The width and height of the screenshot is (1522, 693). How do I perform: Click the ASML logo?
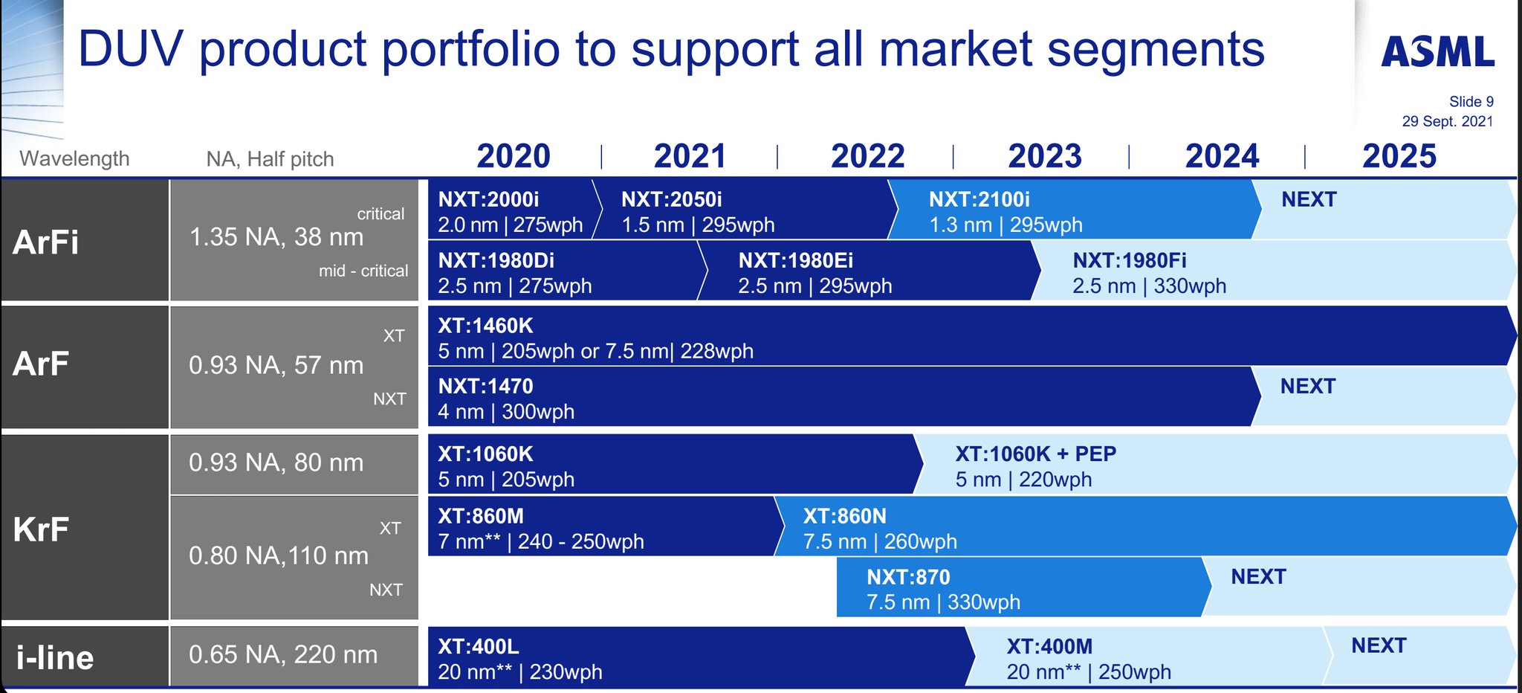[x=1437, y=52]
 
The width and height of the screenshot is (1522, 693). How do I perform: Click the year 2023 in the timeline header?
[x=1044, y=156]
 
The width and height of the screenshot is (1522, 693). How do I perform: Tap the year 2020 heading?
[x=513, y=156]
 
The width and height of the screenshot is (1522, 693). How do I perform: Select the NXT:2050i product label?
[x=671, y=199]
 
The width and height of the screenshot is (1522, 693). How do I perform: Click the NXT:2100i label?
[x=979, y=199]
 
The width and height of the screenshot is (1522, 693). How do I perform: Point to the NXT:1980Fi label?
[x=1129, y=260]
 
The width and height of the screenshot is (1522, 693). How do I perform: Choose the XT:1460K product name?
[x=485, y=326]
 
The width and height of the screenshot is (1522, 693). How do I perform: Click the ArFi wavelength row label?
[x=45, y=242]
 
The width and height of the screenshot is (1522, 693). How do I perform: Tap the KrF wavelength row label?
[x=41, y=529]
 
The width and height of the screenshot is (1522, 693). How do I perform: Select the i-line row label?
[x=55, y=658]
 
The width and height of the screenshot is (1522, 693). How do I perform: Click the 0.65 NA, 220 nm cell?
[x=282, y=654]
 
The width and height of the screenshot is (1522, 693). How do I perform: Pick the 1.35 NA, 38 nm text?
[x=276, y=237]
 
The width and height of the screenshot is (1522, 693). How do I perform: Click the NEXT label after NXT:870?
[x=1257, y=576]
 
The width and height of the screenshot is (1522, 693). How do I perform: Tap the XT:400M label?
[x=1049, y=646]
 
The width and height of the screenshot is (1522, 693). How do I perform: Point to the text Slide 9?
[x=1471, y=102]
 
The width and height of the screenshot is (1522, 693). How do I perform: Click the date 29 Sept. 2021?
[x=1447, y=121]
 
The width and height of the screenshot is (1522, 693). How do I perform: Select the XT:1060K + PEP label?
[x=1035, y=454]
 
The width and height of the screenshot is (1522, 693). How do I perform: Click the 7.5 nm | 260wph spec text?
[x=879, y=541]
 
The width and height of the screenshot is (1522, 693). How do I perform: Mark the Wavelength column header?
[x=74, y=158]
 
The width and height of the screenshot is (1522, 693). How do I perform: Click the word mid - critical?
[x=363, y=271]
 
